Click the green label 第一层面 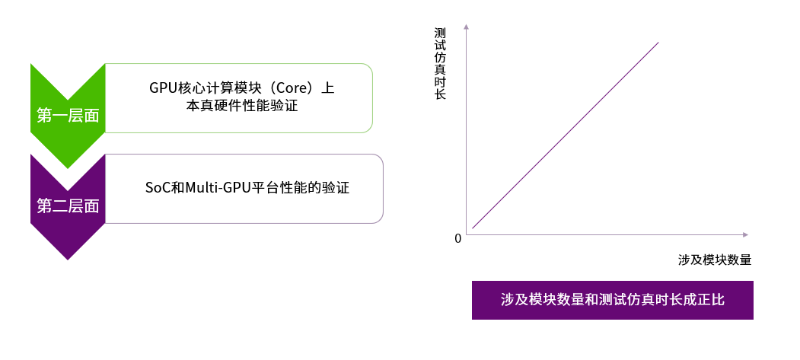(68, 116)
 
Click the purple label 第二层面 (68, 205)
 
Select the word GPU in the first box (163, 88)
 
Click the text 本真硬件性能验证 (241, 107)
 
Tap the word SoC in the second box (158, 187)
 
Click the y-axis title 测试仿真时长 (440, 65)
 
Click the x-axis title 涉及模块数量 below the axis (715, 260)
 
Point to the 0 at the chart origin (458, 238)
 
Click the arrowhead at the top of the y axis (465, 28)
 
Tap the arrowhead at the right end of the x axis (745, 234)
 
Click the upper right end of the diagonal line (657, 43)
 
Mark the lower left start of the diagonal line (473, 227)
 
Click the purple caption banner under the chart (612, 300)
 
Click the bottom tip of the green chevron (68, 167)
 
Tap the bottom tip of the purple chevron (68, 259)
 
